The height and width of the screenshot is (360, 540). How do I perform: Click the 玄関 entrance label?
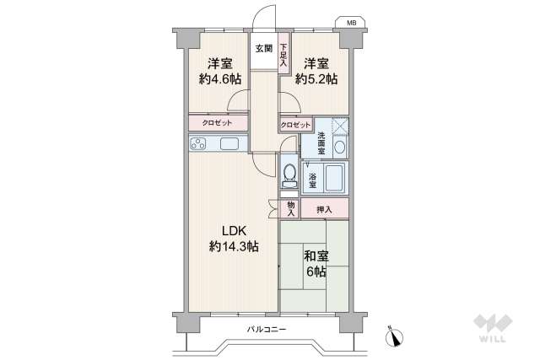tap(263, 49)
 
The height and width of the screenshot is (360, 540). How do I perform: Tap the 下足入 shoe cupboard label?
tap(284, 55)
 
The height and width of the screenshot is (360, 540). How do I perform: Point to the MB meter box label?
tap(348, 23)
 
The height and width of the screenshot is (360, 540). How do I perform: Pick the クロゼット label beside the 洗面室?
tap(295, 125)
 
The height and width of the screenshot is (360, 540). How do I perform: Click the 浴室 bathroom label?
tap(312, 180)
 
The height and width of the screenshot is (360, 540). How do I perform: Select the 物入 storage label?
tap(290, 207)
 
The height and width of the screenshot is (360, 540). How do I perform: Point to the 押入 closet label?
tap(324, 209)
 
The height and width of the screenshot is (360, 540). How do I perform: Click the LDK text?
tap(234, 231)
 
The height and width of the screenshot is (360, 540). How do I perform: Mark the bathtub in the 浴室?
tap(334, 178)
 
